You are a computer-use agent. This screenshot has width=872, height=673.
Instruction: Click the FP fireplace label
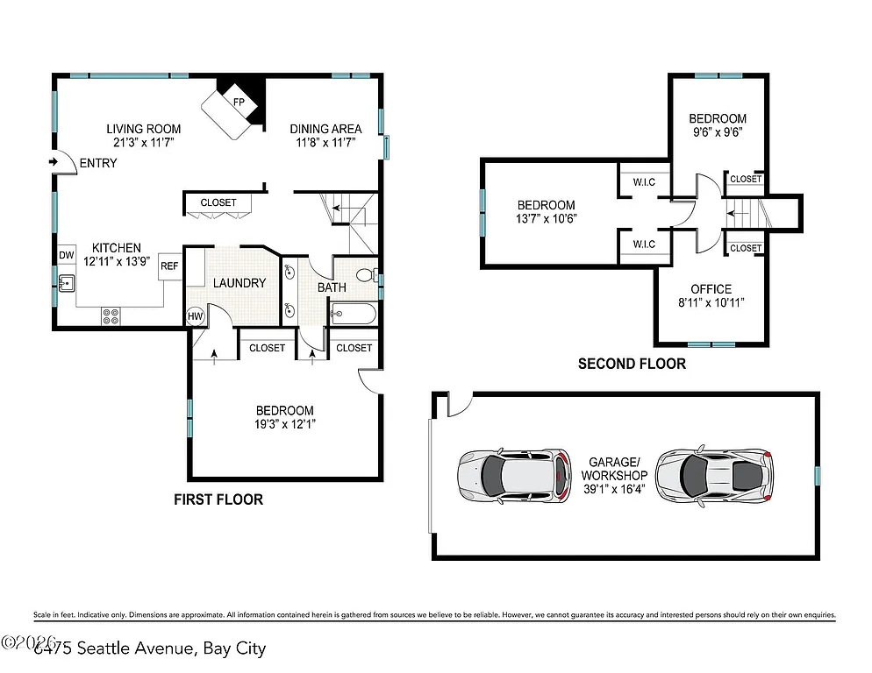click(x=238, y=102)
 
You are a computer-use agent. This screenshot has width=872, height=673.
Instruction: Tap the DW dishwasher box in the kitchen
click(x=67, y=255)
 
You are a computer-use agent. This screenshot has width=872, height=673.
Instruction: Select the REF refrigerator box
click(x=169, y=266)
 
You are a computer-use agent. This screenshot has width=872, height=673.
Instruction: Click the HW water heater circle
click(x=195, y=316)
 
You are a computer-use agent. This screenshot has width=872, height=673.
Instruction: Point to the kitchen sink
click(x=66, y=283)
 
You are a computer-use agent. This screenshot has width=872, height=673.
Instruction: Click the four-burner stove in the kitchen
click(x=111, y=315)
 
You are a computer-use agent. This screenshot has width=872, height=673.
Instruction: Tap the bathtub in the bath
click(x=353, y=312)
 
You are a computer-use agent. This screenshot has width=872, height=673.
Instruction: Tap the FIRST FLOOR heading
click(x=218, y=499)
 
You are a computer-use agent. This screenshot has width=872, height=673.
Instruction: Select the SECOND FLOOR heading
click(x=632, y=364)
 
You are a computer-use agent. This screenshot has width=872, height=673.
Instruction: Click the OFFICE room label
click(x=710, y=289)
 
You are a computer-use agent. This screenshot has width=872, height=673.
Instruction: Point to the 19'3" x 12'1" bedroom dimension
click(x=284, y=424)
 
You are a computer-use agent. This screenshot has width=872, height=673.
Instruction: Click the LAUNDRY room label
click(x=239, y=283)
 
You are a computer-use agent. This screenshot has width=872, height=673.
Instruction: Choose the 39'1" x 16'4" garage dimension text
click(x=614, y=489)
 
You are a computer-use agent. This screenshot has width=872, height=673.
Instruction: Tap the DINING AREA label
click(x=325, y=129)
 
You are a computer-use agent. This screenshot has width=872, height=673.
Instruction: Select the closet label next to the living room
click(x=218, y=202)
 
